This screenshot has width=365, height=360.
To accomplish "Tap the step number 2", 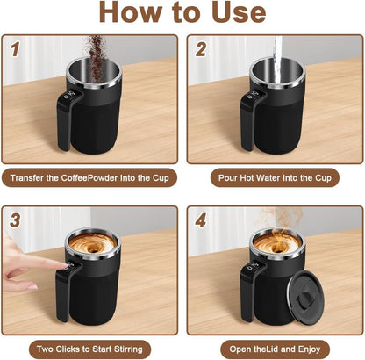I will click(199, 50).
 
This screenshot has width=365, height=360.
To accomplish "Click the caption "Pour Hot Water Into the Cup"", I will click(273, 176).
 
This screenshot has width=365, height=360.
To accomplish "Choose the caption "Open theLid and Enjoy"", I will click(273, 347).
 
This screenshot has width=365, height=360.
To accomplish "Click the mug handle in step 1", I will click(65, 123).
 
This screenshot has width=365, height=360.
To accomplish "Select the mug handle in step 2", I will click(249, 123).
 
